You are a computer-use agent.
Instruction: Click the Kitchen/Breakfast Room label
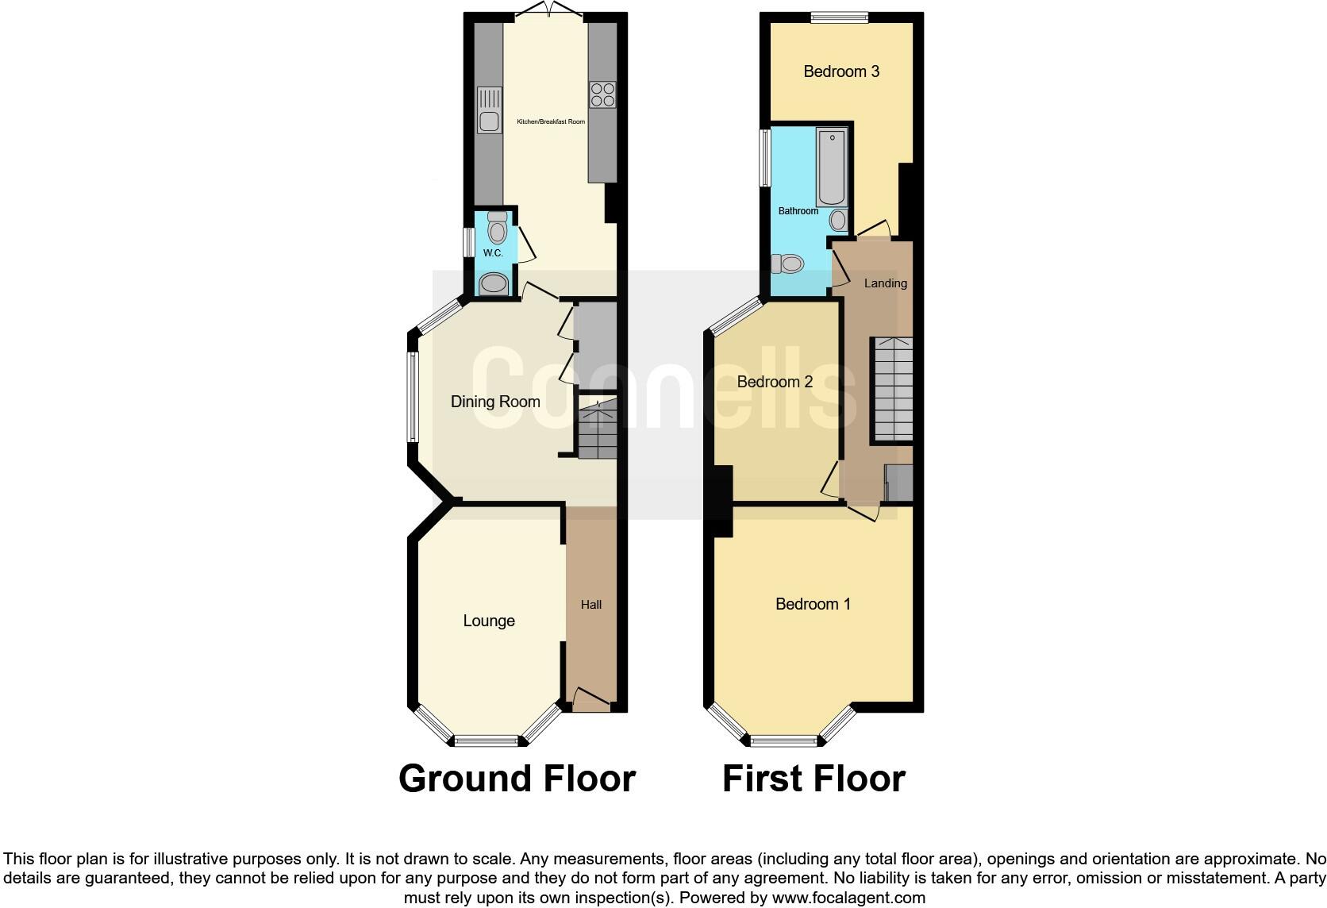point(551,121)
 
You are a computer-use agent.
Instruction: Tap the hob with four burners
point(602,94)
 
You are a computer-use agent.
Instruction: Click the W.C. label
point(493,252)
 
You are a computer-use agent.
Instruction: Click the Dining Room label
point(495,402)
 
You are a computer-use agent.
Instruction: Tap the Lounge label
point(489,621)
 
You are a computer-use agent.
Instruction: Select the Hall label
point(591,605)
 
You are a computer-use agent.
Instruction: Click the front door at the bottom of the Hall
point(591,702)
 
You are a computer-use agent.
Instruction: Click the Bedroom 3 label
point(841,71)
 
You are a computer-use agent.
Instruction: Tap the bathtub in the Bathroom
point(832,167)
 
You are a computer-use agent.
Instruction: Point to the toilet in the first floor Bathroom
point(788,264)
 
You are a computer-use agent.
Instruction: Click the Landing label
point(885,283)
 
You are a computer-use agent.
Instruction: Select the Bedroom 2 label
point(775,382)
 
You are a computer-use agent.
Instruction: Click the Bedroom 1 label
point(813,604)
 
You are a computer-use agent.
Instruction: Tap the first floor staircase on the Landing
point(893,389)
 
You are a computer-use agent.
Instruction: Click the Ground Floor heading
point(517,779)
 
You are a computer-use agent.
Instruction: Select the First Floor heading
point(814,779)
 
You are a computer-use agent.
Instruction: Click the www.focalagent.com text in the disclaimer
point(848,898)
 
